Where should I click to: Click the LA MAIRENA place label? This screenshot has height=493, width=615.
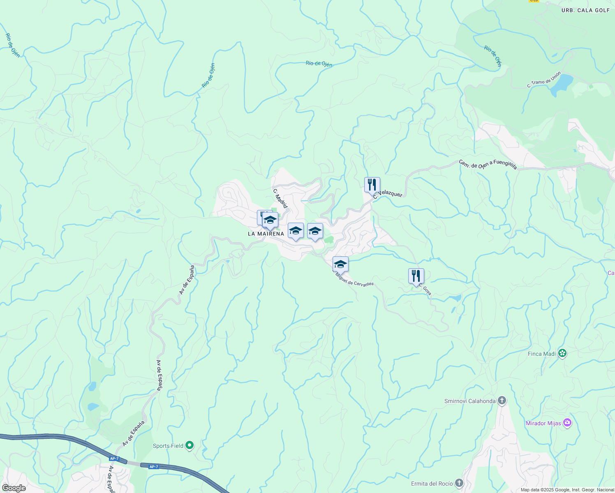click(266, 234)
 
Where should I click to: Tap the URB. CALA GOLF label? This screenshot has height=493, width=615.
click(585, 10)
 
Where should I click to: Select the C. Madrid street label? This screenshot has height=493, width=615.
click(280, 198)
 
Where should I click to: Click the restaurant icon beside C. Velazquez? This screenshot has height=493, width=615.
click(372, 185)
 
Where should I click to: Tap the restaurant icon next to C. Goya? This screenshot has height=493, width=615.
click(416, 276)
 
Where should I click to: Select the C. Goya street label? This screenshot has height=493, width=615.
click(425, 289)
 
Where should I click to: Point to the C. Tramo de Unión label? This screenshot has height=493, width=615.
click(543, 80)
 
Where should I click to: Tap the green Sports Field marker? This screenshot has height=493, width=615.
click(190, 445)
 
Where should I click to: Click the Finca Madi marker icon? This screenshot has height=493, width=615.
click(562, 353)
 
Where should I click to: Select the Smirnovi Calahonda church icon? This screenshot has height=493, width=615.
click(502, 401)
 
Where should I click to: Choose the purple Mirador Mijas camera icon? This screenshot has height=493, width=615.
click(567, 423)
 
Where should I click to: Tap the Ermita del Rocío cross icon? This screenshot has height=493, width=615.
click(459, 483)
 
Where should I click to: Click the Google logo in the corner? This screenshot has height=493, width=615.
click(14, 488)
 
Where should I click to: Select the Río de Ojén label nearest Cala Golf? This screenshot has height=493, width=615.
click(493, 56)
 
